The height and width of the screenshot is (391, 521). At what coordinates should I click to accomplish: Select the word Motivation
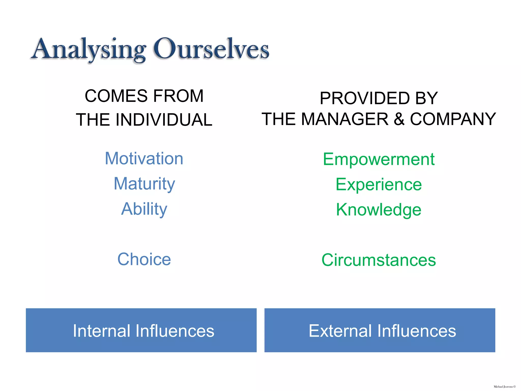(144, 159)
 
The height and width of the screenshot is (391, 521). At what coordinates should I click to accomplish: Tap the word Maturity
(144, 184)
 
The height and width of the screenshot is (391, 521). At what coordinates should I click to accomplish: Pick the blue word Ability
(144, 209)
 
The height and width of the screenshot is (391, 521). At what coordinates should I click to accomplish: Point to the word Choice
(144, 259)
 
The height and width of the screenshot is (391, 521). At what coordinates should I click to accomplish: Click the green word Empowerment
(379, 159)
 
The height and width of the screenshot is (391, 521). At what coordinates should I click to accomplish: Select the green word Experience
(379, 184)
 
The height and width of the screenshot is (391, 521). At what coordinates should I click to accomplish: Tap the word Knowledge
(379, 210)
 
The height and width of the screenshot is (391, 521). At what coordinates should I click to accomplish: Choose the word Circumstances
(379, 260)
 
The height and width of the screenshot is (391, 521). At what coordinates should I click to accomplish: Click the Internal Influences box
(141, 330)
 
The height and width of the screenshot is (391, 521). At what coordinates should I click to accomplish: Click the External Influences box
(380, 330)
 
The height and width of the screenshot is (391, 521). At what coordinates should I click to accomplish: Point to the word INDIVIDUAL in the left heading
(164, 120)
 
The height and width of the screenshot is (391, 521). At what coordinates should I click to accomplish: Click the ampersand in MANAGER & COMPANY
(399, 119)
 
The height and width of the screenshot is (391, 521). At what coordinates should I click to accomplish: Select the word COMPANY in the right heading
(453, 119)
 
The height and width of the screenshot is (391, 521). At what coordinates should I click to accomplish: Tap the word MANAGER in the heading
(345, 119)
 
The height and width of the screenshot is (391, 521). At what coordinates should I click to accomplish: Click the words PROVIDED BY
(379, 98)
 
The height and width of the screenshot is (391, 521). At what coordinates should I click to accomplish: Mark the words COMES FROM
(144, 96)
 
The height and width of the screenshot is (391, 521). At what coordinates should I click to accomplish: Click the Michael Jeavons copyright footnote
(504, 387)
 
